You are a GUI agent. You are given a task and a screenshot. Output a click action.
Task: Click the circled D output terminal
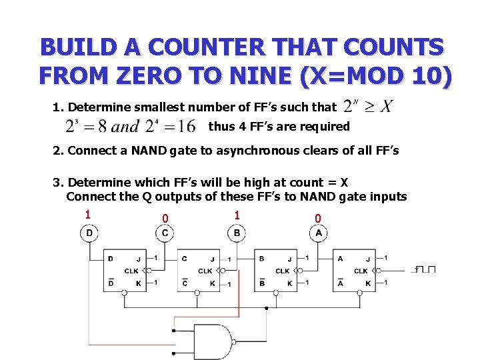[89, 233]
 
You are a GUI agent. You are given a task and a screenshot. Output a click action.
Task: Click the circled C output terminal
[165, 233]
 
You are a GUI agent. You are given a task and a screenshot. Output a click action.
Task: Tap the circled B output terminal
[237, 233]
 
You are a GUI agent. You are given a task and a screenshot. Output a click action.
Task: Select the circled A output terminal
[318, 233]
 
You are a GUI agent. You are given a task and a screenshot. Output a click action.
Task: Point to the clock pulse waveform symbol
[425, 269]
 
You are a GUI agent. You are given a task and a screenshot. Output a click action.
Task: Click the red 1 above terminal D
[87, 214]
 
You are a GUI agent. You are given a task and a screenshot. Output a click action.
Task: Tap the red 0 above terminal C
[165, 218]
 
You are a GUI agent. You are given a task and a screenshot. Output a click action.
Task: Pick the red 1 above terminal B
[237, 214]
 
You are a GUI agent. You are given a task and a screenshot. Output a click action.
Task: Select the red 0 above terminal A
[318, 218]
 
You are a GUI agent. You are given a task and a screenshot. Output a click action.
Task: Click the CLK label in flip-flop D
[131, 271]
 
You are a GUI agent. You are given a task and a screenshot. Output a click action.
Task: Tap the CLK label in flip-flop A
[360, 271]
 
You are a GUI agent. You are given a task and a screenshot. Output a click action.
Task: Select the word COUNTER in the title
[211, 47]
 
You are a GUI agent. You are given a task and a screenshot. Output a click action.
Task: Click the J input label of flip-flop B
[289, 259]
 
